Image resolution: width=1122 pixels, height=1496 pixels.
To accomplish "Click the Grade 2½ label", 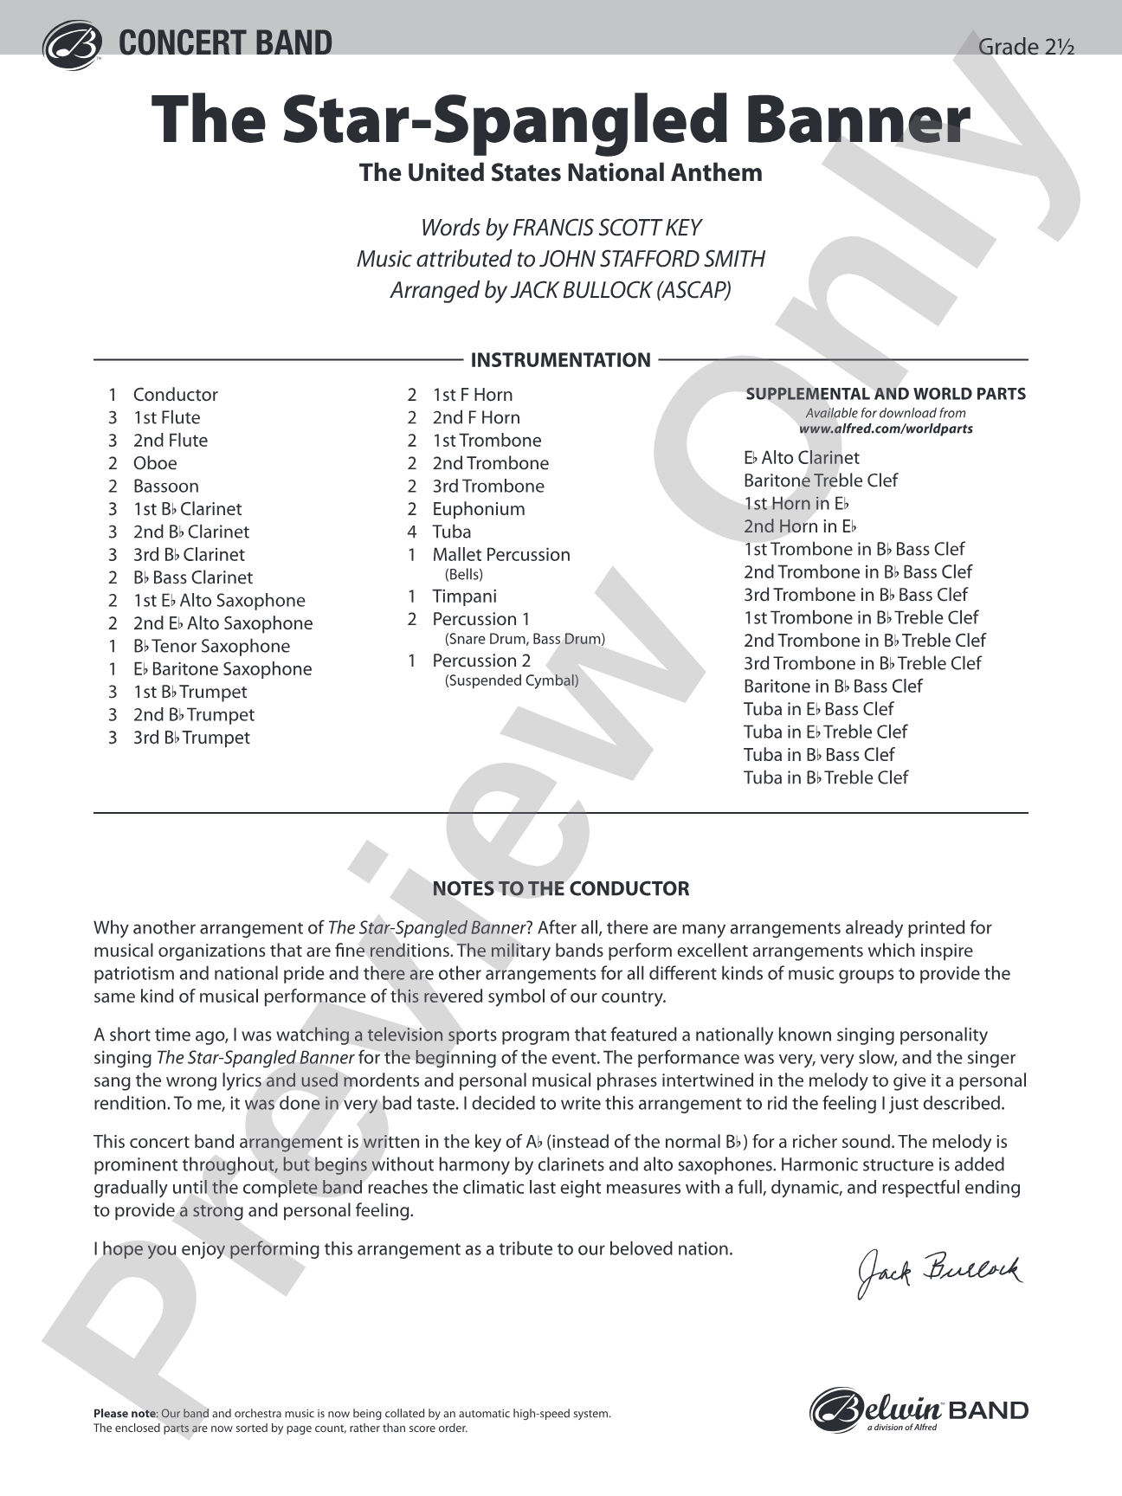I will click(1025, 47).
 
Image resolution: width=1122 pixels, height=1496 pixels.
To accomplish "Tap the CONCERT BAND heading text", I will click(225, 43).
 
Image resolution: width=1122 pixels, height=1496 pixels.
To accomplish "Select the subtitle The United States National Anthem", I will click(561, 172).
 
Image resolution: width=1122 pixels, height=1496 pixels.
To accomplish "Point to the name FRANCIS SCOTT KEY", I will click(607, 228).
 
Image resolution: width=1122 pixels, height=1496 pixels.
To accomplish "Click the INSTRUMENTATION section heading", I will click(560, 360).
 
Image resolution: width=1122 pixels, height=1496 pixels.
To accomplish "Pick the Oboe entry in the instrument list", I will click(155, 463).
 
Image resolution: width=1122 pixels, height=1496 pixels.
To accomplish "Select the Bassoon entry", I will click(166, 487).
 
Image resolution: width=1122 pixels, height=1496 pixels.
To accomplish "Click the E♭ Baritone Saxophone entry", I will click(222, 669).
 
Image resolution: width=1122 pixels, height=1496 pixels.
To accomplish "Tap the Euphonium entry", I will click(479, 509).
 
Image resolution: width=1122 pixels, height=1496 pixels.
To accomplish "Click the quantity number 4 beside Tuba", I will click(412, 532).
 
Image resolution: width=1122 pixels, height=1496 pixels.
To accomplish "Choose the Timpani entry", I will click(465, 596).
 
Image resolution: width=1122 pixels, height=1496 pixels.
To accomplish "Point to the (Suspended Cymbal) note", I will click(512, 680).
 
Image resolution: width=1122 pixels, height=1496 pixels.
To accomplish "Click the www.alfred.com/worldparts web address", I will click(886, 429).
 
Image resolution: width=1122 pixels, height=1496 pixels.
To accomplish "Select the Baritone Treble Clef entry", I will click(821, 480).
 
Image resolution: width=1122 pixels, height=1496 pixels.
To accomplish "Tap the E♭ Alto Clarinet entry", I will click(802, 458).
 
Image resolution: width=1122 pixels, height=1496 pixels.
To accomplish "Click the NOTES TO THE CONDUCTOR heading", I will click(561, 888).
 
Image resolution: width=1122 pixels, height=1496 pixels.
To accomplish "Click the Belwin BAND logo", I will click(919, 1410).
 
